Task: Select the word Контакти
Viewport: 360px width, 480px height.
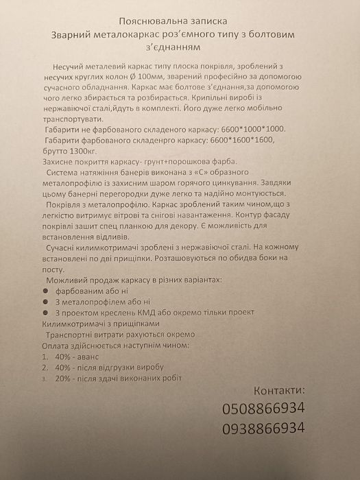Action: (275, 391)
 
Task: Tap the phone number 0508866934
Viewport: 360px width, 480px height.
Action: (263, 409)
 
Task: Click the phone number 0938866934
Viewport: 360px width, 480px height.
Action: (263, 429)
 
